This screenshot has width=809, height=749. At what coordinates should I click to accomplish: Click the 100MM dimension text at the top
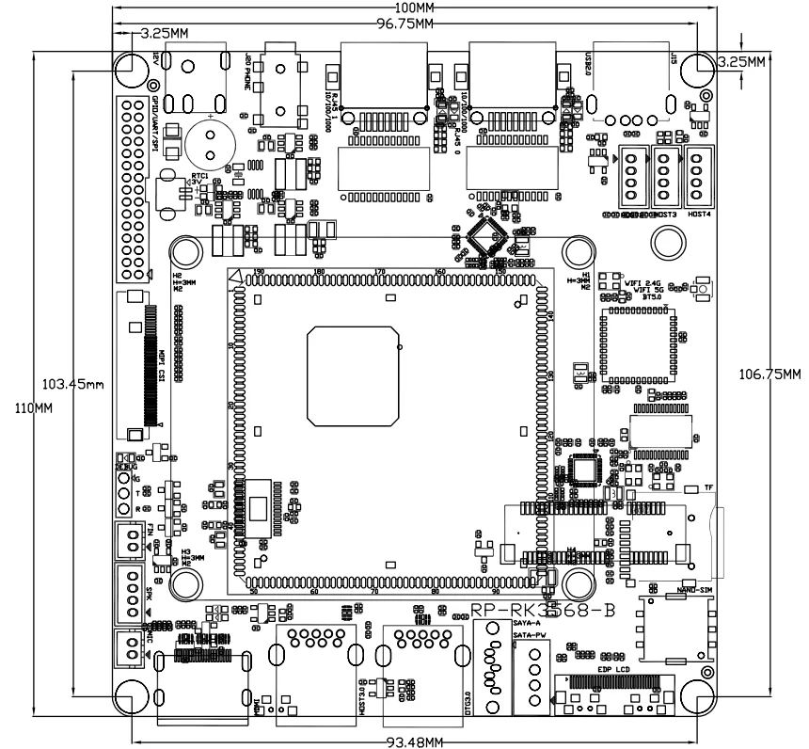(x=414, y=8)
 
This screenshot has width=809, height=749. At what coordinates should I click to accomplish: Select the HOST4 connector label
(x=699, y=214)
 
